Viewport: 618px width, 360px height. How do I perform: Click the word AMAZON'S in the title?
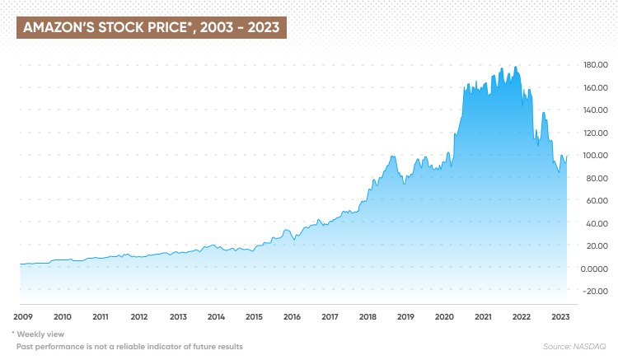[x=57, y=28]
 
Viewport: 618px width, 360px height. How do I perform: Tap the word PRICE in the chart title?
[x=162, y=28]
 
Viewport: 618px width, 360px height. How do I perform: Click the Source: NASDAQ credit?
[x=574, y=347]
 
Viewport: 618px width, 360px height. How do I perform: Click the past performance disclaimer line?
[x=127, y=347]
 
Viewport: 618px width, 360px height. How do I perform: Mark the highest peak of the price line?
[x=516, y=67]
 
